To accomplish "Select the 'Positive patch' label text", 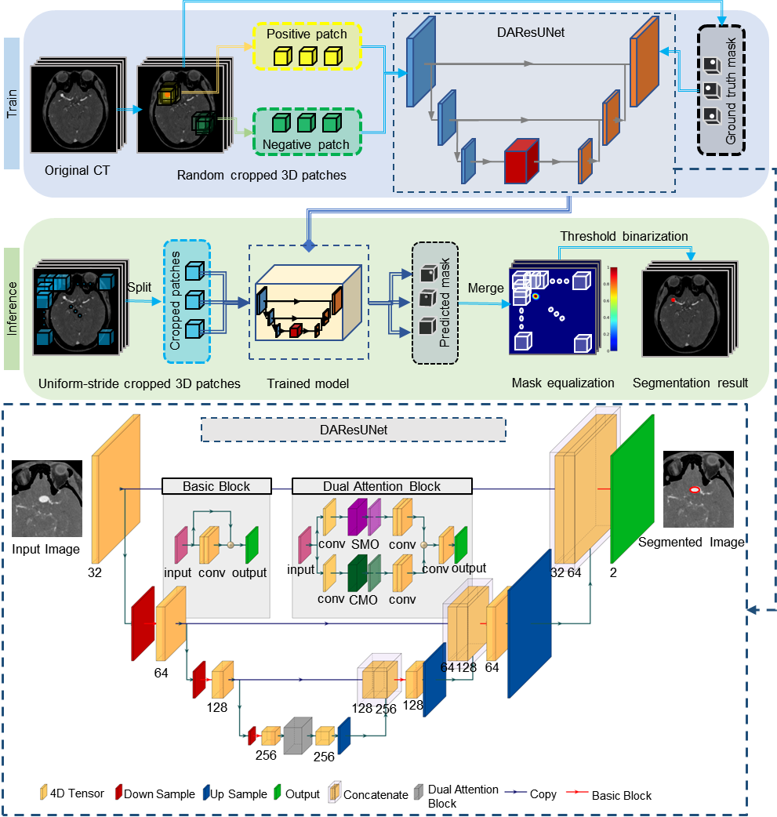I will pyautogui.click(x=310, y=35).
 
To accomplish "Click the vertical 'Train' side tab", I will pyautogui.click(x=12, y=103).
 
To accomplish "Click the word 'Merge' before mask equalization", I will pyautogui.click(x=485, y=289).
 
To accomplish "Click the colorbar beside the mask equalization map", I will pyautogui.click(x=613, y=308).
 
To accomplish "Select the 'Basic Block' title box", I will pyautogui.click(x=216, y=486).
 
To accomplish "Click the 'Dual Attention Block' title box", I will pyautogui.click(x=382, y=486).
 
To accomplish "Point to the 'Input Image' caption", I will pyautogui.click(x=46, y=549).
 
